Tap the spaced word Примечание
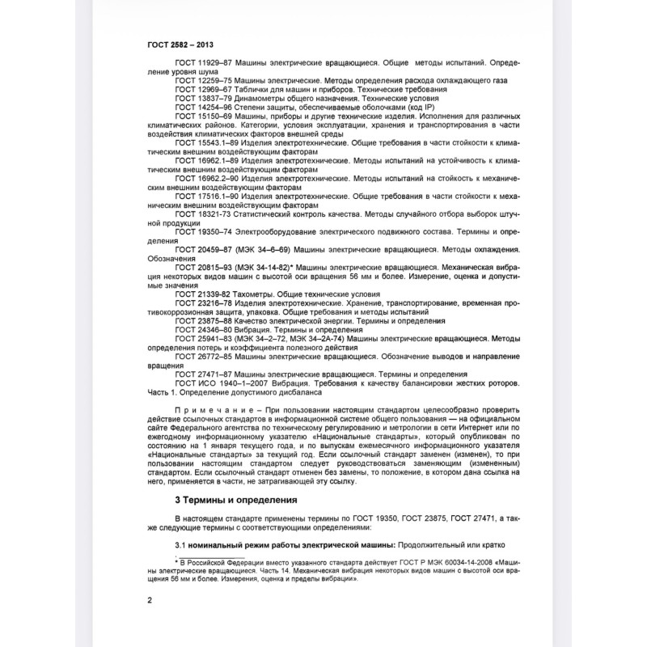pos(205,410)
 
